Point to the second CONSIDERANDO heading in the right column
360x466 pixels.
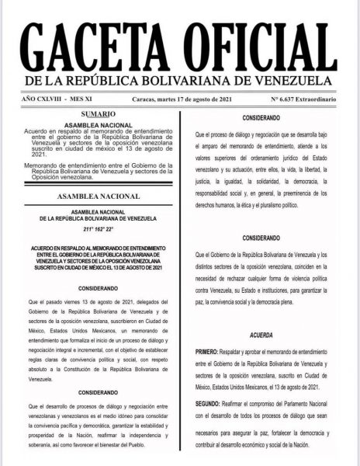click(261, 237)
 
